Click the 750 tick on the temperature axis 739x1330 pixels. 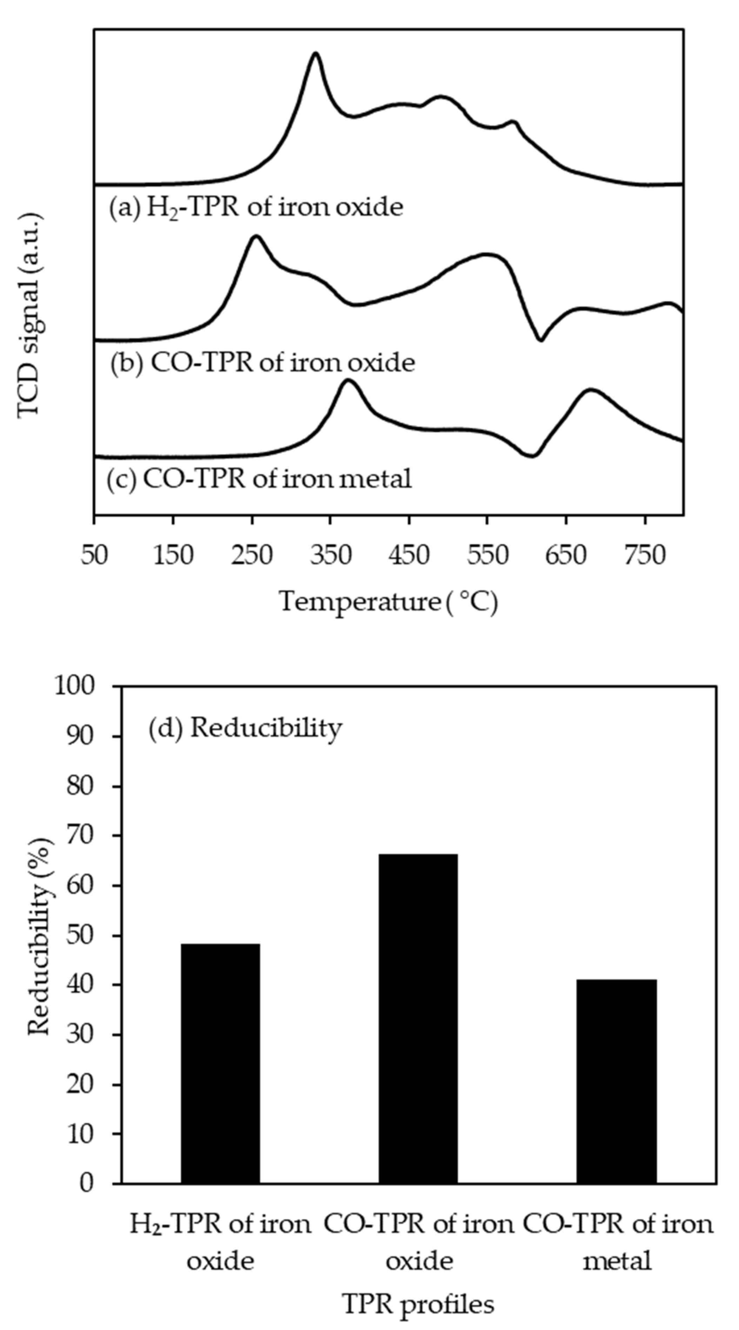[x=645, y=556]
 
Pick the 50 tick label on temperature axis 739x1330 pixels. [x=94, y=556]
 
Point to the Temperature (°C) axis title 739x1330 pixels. [x=388, y=602]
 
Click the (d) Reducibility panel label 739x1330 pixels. [x=245, y=728]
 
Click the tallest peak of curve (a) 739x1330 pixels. [x=315, y=53]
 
